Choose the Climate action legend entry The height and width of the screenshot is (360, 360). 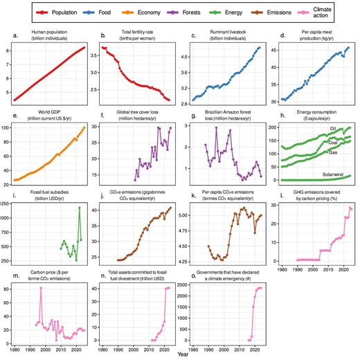337,12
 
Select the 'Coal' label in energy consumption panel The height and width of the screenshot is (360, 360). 332,143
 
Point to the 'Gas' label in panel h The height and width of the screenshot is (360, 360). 332,152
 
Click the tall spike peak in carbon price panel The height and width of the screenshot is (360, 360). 41,268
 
